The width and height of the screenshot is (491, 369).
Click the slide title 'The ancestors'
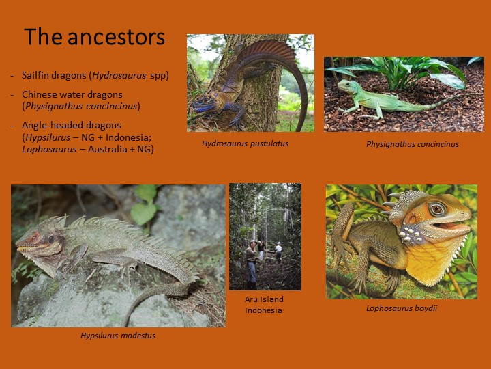tap(94, 37)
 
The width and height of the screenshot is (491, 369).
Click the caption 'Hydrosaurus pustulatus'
tap(245, 143)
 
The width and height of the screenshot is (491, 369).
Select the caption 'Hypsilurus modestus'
tap(118, 336)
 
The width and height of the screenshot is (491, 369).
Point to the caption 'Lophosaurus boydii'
tap(402, 308)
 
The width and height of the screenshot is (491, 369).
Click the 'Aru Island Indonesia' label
tap(264, 305)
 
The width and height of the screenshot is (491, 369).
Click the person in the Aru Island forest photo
tap(252, 263)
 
